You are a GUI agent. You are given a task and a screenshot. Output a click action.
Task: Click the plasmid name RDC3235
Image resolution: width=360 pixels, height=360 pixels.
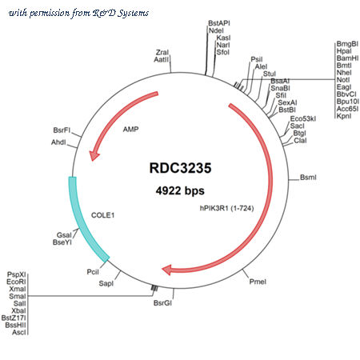click(180, 168)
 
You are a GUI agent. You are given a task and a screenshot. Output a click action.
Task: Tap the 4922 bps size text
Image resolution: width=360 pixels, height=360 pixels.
click(180, 190)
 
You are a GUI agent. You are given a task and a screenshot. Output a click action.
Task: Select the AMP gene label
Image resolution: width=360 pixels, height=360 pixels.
click(130, 130)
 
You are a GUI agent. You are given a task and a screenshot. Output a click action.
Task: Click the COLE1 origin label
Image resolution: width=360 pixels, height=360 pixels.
click(102, 215)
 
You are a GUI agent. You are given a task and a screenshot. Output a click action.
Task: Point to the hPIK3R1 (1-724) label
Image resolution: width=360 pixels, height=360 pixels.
click(227, 208)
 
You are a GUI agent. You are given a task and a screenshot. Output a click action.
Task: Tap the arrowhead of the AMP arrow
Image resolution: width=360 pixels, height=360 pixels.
click(94, 155)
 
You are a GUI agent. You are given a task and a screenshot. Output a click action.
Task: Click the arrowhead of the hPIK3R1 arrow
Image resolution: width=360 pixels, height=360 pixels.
click(167, 270)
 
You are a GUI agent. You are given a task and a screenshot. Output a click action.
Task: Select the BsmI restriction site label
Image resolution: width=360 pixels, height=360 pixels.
click(308, 178)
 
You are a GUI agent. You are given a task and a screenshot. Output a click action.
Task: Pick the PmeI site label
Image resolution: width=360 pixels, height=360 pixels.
click(258, 282)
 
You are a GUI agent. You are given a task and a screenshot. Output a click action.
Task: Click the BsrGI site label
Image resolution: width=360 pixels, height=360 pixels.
click(162, 303)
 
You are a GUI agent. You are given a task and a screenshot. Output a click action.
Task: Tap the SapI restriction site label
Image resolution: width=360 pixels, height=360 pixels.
click(106, 283)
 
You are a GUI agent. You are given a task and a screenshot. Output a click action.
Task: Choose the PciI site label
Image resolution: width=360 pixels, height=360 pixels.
click(93, 272)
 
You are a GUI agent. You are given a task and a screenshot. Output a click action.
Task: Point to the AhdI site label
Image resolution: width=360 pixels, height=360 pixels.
click(58, 142)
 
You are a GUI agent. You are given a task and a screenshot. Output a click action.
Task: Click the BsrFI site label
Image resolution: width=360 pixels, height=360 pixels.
click(62, 130)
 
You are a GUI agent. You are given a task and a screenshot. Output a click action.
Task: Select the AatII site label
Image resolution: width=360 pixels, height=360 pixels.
click(162, 59)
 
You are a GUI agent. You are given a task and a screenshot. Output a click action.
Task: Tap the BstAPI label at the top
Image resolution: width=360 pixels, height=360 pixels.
click(219, 23)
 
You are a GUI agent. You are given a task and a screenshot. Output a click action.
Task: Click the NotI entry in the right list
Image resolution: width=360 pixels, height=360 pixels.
click(343, 80)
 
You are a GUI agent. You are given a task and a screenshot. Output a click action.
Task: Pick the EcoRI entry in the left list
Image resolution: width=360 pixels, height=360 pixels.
click(16, 282)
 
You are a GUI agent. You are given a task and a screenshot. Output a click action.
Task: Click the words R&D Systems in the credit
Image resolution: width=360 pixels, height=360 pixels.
click(121, 13)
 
